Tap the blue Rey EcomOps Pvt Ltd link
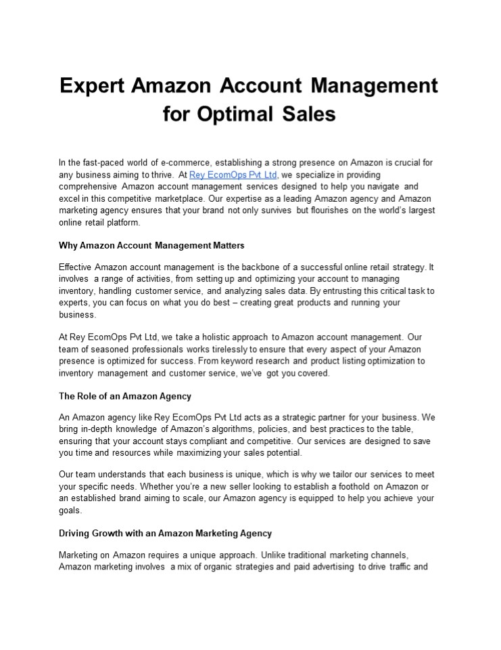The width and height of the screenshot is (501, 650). click(233, 175)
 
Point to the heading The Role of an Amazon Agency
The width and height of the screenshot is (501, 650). click(125, 396)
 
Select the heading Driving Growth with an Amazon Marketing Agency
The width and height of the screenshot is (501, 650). click(165, 534)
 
